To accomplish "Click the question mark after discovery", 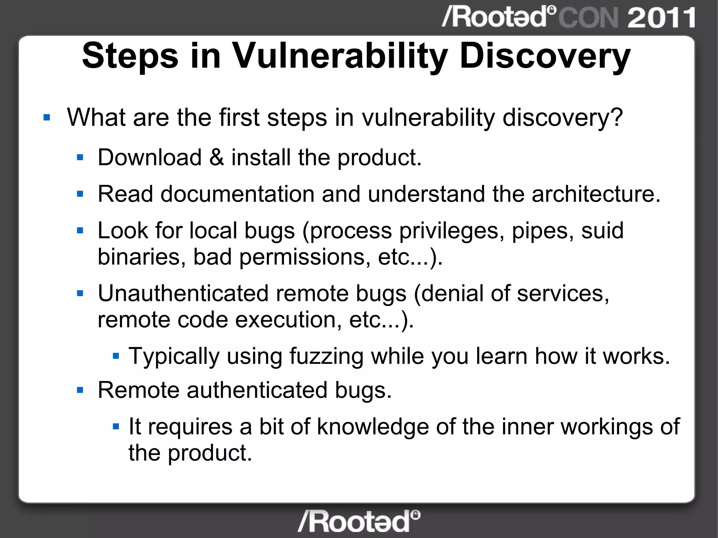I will [616, 117].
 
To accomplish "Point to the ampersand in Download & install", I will [216, 157].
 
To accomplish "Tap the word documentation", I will [237, 194].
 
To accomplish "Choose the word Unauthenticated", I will [183, 293].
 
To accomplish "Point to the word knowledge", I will [373, 427].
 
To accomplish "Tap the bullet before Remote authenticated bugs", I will [80, 390].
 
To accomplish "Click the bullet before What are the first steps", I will [47, 117].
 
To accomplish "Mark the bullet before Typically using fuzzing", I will [116, 356].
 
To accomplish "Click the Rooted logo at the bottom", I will [359, 521].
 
